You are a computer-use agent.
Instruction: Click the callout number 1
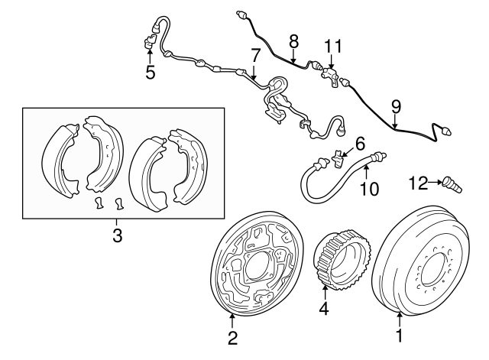[x=399, y=334]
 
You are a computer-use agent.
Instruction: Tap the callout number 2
[x=233, y=336]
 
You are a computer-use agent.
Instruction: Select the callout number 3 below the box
[x=116, y=236]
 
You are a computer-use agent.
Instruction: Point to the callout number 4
[x=324, y=310]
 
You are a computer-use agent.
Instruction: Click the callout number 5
[x=150, y=73]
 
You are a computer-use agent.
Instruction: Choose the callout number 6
[x=360, y=141]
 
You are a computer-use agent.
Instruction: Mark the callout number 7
[x=255, y=54]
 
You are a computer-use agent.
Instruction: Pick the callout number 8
[x=293, y=41]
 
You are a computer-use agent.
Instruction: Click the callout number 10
[x=368, y=187]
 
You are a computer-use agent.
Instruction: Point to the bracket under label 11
[x=330, y=76]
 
